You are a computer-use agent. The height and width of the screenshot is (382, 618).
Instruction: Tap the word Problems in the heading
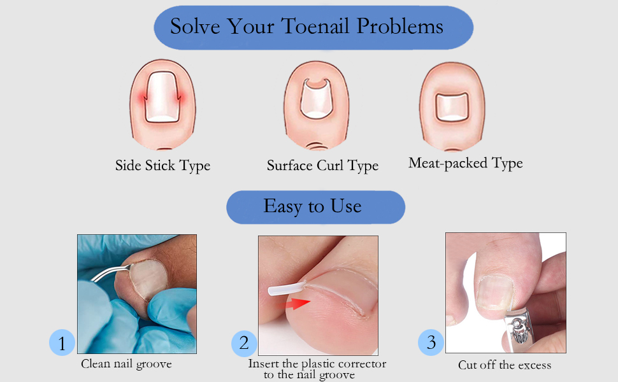tap(400, 27)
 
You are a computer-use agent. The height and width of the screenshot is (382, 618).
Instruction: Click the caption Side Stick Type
tap(162, 166)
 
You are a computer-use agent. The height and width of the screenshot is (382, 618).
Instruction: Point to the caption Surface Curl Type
tap(322, 166)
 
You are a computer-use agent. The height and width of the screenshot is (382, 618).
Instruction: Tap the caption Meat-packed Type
tap(465, 163)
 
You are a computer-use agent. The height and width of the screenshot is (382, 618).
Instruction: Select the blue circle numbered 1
tap(62, 344)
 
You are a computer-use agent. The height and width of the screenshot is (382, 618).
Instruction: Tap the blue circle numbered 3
tap(431, 343)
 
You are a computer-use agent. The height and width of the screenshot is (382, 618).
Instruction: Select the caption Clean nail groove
tap(126, 364)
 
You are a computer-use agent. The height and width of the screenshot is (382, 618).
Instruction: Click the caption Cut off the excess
tap(505, 365)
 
